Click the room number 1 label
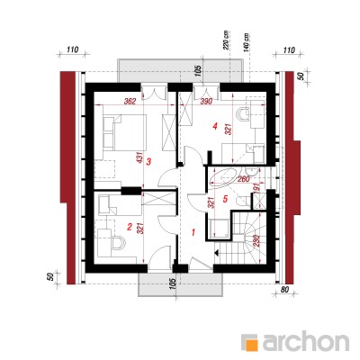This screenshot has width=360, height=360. (x=193, y=232)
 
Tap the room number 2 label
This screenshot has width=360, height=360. (x=130, y=227)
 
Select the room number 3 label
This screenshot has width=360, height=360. (x=148, y=162)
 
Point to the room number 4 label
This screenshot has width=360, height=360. (x=214, y=127)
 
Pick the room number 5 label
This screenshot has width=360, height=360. (x=226, y=198)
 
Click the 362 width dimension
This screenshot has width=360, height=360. (x=130, y=102)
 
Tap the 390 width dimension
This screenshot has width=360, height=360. (x=206, y=102)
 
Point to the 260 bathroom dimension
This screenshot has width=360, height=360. (x=243, y=179)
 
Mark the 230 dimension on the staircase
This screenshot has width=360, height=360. (x=256, y=240)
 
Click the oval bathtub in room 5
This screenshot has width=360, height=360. (x=224, y=178)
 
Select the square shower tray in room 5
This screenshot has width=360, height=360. (x=220, y=229)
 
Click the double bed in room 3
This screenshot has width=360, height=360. (x=124, y=132)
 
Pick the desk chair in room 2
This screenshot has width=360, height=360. (x=119, y=243)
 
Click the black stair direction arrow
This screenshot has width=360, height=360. (x=216, y=253)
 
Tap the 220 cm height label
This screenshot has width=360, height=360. (x=226, y=40)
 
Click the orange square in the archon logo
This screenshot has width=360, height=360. (x=253, y=344)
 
